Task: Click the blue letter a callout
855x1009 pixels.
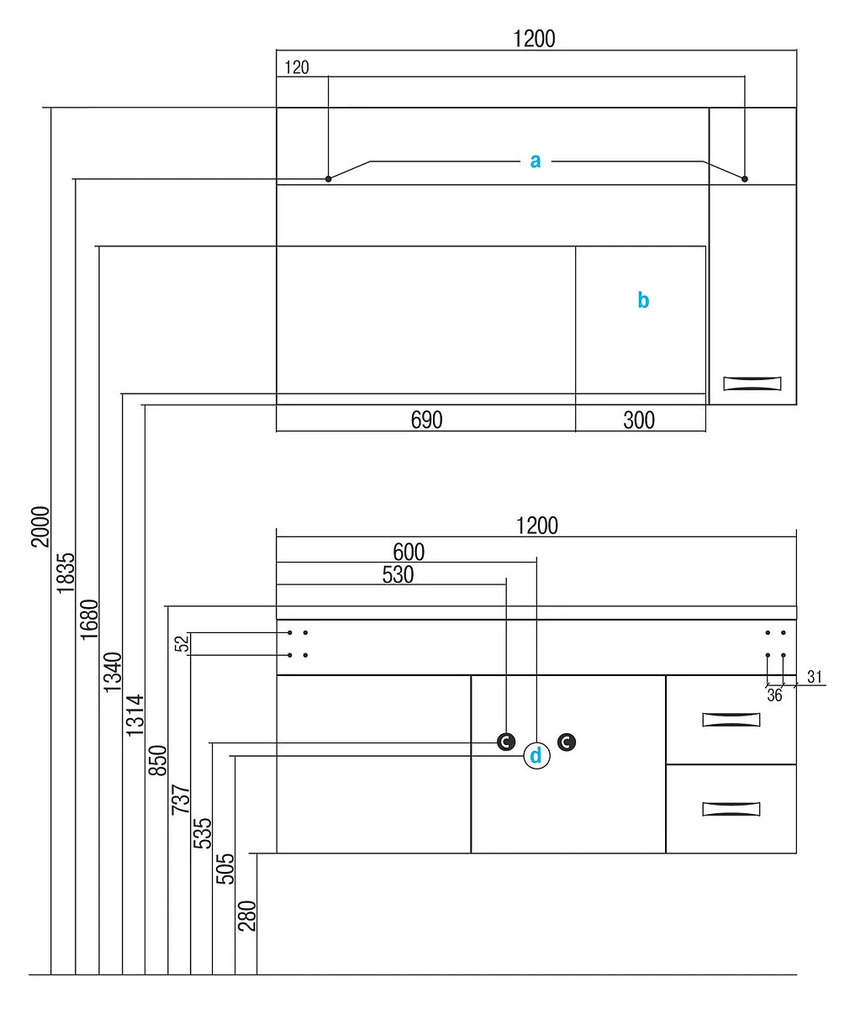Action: tap(536, 161)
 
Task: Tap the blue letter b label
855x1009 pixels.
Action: tap(643, 299)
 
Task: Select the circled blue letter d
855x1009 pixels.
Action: tap(536, 756)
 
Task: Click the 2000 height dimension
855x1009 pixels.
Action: tap(40, 526)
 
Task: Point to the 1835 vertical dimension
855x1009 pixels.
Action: tap(66, 573)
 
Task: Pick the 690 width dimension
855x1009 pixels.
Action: tap(426, 420)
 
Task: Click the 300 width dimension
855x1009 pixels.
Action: tap(639, 420)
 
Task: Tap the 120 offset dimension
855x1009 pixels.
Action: tap(297, 67)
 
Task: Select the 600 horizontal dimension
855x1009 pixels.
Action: tap(409, 552)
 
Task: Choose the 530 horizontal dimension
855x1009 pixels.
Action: tap(398, 574)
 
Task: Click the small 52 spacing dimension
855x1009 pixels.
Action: tap(182, 644)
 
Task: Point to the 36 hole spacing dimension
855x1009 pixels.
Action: tap(774, 695)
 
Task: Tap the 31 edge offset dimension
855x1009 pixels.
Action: tap(815, 677)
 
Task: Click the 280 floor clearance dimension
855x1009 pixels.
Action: tap(247, 916)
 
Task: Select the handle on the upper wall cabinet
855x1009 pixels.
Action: tap(752, 383)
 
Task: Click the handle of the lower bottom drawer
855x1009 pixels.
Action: tap(731, 809)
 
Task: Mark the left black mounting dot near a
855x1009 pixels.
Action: tap(329, 179)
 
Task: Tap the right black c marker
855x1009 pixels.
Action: tap(567, 742)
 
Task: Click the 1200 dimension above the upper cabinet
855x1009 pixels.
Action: tap(535, 39)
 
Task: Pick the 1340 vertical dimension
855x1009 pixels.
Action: tap(113, 672)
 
